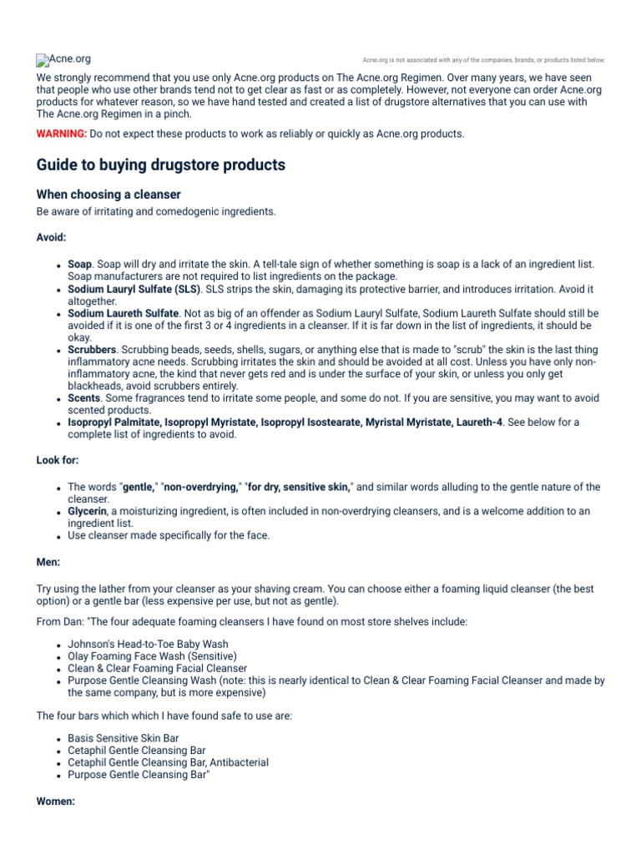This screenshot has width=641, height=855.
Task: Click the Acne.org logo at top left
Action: tap(63, 59)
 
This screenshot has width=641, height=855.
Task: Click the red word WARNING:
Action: tap(61, 134)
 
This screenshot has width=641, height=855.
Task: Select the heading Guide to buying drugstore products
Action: tap(160, 164)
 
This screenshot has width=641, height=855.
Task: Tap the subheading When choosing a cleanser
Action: tap(109, 195)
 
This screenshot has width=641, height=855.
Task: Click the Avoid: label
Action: tap(51, 238)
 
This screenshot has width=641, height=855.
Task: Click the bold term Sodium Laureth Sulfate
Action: tap(124, 313)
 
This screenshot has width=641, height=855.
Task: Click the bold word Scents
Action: tap(83, 398)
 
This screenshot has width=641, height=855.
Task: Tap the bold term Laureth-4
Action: tap(477, 422)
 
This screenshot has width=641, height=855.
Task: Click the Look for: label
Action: tap(58, 461)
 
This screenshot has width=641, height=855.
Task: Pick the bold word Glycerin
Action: tap(88, 511)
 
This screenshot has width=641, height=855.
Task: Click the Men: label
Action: tap(48, 563)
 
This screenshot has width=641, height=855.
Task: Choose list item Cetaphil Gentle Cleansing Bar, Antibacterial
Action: tap(168, 763)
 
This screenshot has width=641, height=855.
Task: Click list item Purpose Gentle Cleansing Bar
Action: tap(138, 775)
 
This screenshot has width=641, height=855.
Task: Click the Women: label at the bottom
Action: tap(56, 802)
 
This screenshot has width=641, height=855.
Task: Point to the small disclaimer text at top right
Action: tap(484, 60)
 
